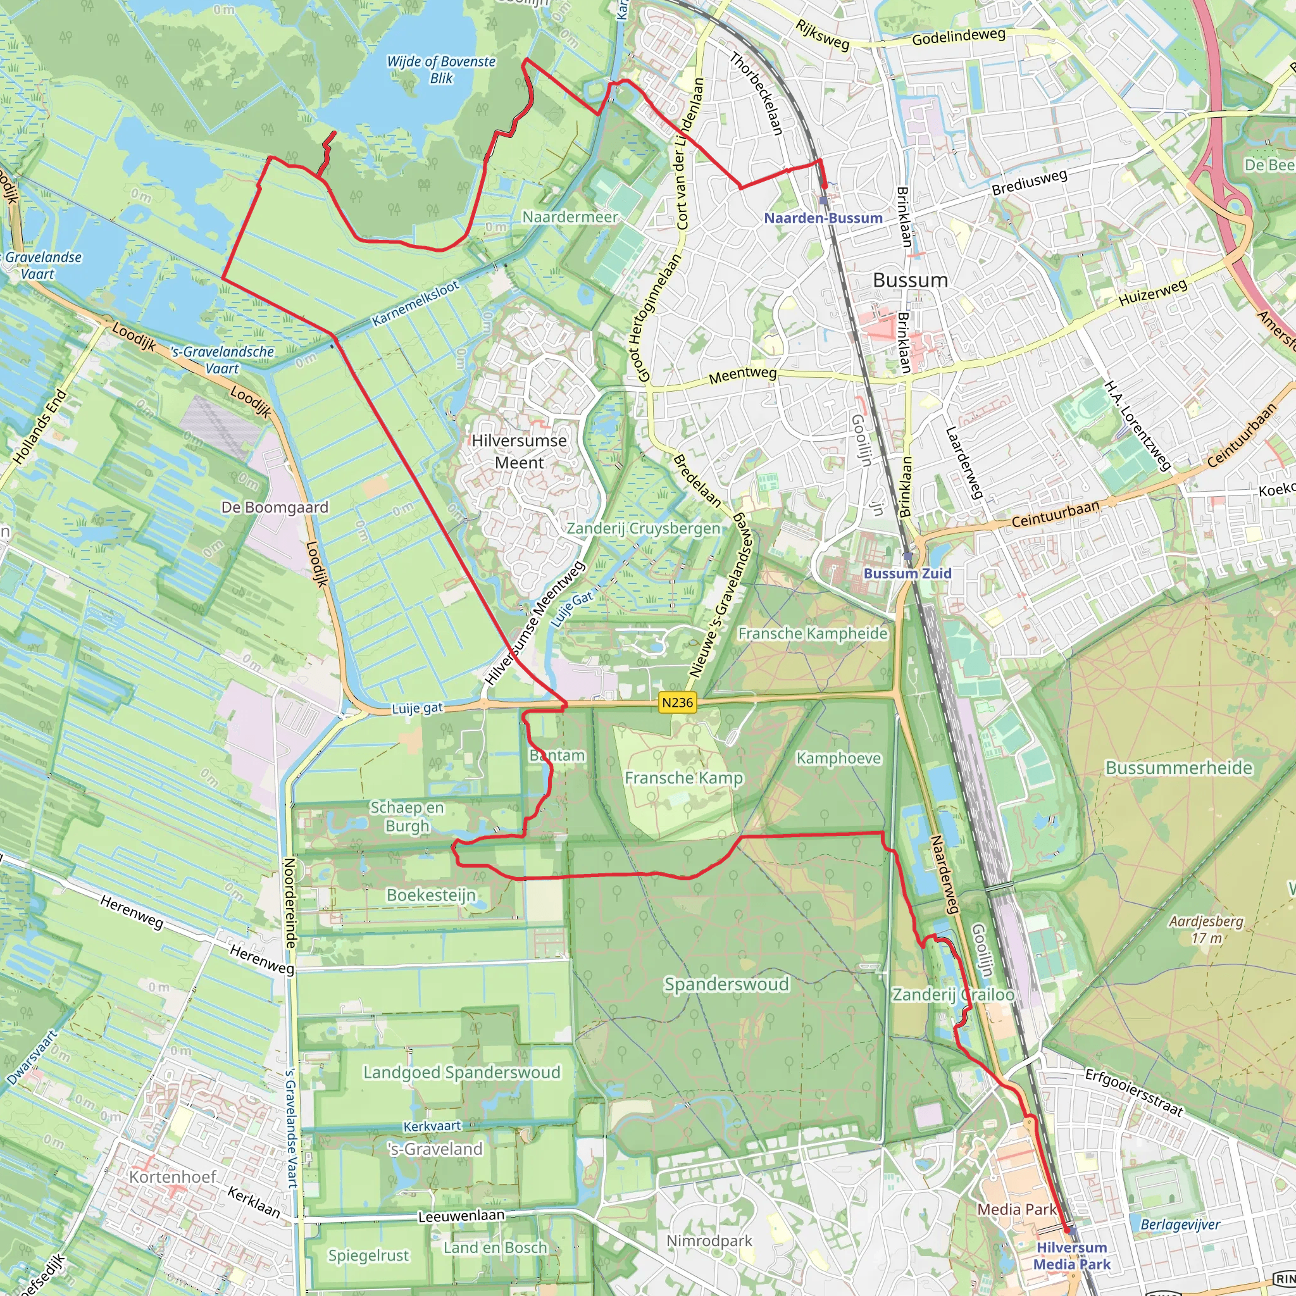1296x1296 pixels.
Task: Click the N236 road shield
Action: pyautogui.click(x=678, y=702)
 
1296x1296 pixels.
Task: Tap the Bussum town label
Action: pyautogui.click(x=910, y=280)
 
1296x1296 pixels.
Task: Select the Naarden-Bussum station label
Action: pyautogui.click(x=823, y=218)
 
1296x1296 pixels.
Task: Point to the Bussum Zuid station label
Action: pyautogui.click(x=907, y=573)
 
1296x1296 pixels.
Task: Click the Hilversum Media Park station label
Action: pyautogui.click(x=1071, y=1255)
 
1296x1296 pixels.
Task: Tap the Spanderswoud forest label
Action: pyautogui.click(x=726, y=984)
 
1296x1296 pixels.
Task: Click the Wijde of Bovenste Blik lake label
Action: pyautogui.click(x=442, y=70)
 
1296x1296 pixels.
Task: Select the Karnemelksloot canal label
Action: pyautogui.click(x=415, y=304)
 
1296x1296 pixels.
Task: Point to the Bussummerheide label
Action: pyautogui.click(x=1178, y=768)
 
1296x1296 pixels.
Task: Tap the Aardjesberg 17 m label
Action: pyautogui.click(x=1206, y=929)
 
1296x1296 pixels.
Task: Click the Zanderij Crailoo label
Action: pyautogui.click(x=952, y=994)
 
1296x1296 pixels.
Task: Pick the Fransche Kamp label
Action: pyautogui.click(x=683, y=778)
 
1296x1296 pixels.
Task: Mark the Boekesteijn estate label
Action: pyautogui.click(x=432, y=895)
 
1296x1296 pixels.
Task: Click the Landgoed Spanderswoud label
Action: pyautogui.click(x=461, y=1072)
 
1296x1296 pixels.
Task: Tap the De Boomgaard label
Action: pyautogui.click(x=275, y=507)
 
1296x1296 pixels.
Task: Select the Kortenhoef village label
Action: pyautogui.click(x=172, y=1176)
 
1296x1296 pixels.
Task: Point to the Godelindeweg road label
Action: pyautogui.click(x=959, y=37)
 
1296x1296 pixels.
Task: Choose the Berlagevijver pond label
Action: pyautogui.click(x=1180, y=1225)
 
